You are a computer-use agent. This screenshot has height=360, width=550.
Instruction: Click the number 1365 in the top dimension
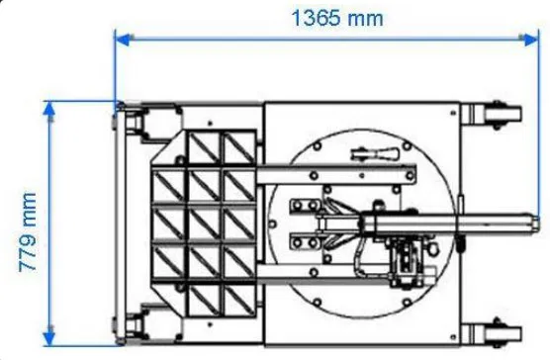[314, 17]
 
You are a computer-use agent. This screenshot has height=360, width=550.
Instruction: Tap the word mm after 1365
[362, 17]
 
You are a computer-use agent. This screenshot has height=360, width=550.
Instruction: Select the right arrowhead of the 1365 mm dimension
[533, 39]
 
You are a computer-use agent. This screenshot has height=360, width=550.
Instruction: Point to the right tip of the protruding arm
[535, 223]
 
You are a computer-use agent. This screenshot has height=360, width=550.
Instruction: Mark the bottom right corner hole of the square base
[454, 333]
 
